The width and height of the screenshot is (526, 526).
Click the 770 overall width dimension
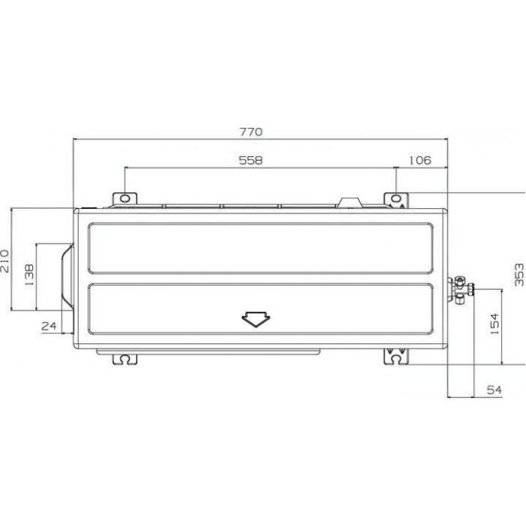coord(251,131)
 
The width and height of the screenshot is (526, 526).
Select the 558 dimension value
coord(251,160)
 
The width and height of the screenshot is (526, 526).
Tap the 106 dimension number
coord(420,160)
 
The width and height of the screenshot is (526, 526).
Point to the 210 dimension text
coord(6,261)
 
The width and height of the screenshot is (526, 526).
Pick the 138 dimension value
coord(29,275)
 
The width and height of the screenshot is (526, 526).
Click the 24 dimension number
coord(49,326)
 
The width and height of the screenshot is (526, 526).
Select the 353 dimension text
coord(519,275)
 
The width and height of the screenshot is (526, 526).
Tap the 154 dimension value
coord(495,324)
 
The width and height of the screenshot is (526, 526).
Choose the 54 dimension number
coord(494,390)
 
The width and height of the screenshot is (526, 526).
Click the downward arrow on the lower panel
coord(256,319)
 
